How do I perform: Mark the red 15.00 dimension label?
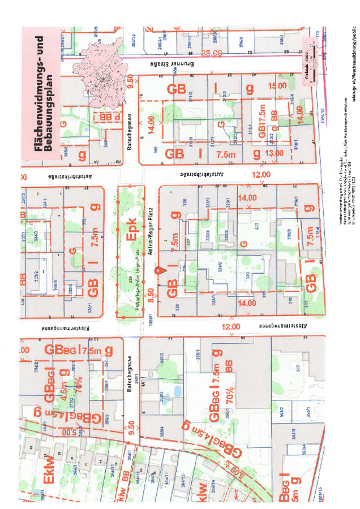(x=277, y=85)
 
